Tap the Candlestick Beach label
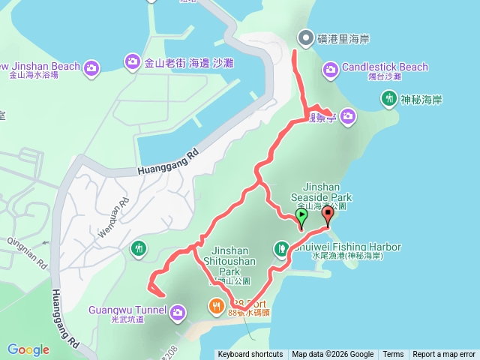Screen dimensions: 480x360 click(x=385, y=67)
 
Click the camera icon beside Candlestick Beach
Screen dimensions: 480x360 click(x=331, y=70)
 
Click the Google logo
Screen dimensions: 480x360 click(x=28, y=349)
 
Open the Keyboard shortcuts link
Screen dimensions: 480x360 click(x=250, y=355)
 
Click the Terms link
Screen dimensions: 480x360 click(x=393, y=355)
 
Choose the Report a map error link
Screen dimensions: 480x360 click(x=444, y=355)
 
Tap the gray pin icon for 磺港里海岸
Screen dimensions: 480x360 click(x=304, y=37)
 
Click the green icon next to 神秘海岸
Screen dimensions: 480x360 click(x=388, y=97)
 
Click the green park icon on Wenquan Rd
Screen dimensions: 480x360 click(x=139, y=247)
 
